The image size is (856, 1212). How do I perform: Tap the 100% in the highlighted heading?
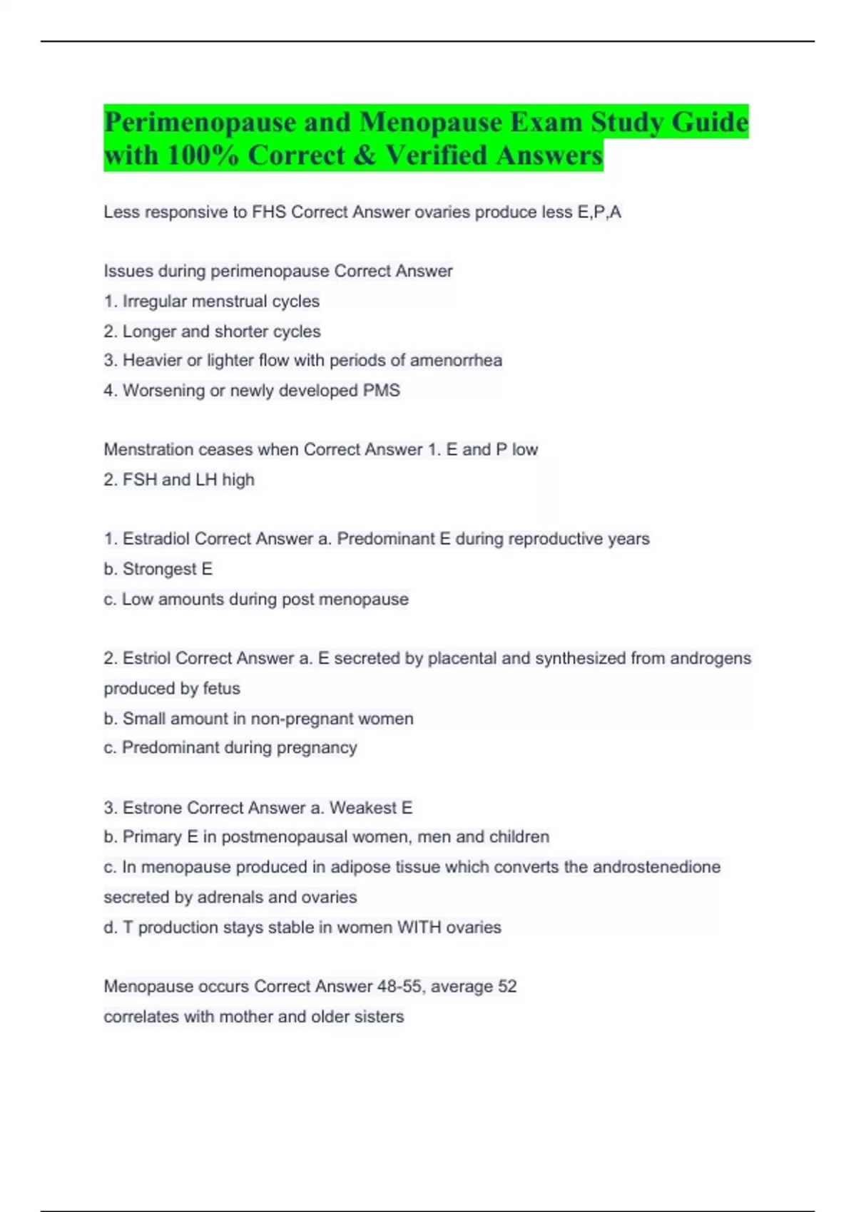click(x=203, y=155)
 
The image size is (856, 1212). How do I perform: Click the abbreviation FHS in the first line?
click(x=269, y=212)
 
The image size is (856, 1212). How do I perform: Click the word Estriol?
click(x=146, y=658)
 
